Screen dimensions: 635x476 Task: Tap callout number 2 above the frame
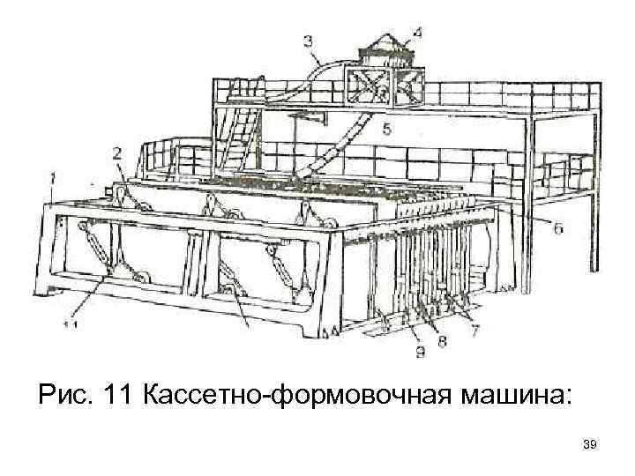point(117,152)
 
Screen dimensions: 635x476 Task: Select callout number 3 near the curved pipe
point(308,40)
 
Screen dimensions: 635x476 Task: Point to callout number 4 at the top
point(415,33)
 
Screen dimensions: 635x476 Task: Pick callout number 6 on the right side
point(558,227)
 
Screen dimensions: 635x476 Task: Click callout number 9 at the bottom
point(420,353)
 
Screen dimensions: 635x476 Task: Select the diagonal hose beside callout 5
point(348,145)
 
